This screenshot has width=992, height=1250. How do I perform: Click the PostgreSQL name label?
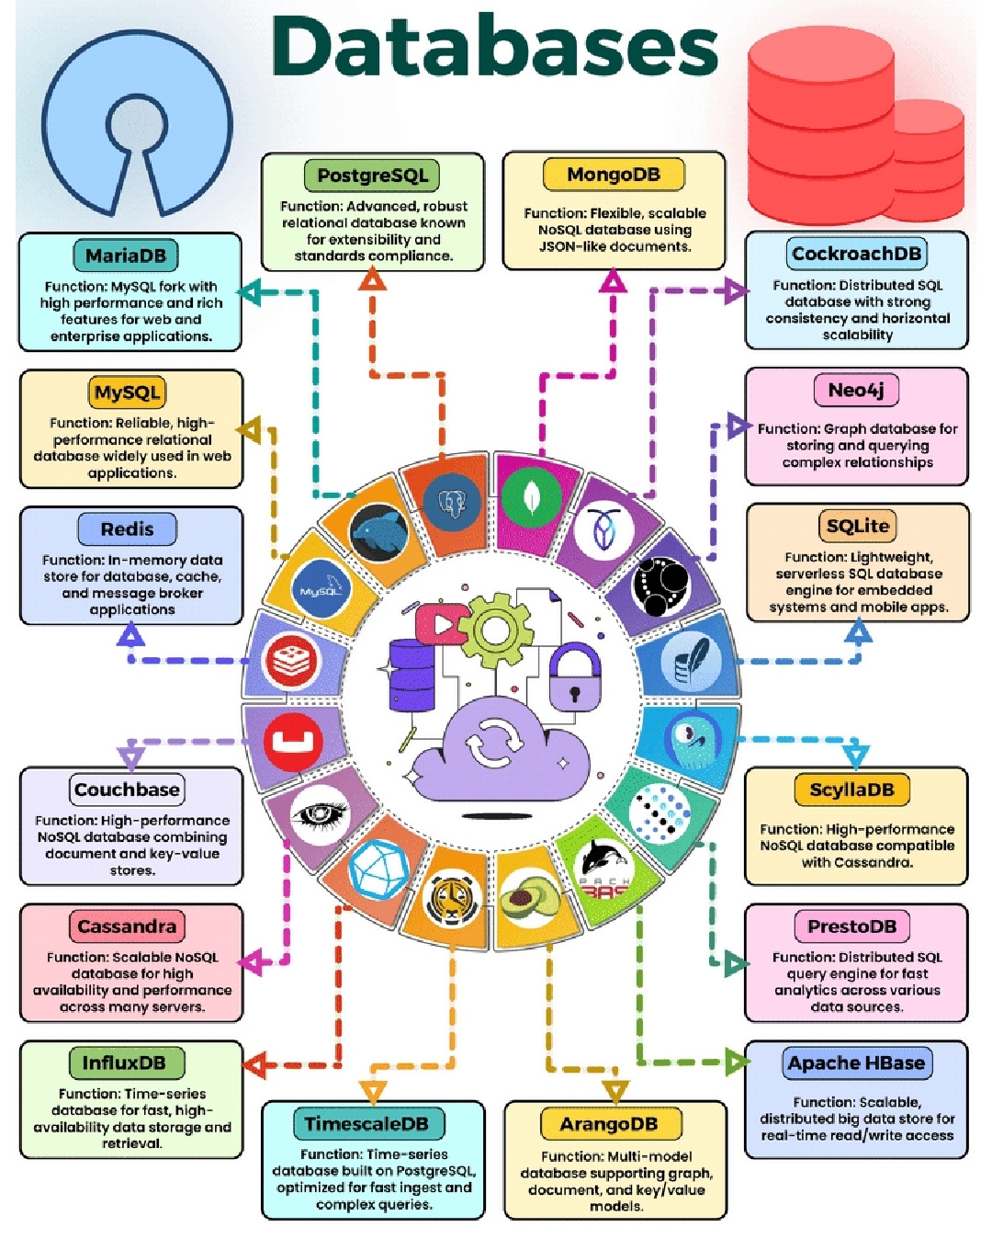point(372,175)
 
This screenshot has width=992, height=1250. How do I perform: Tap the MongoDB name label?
point(614,175)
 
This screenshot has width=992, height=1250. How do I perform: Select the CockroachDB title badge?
point(856,254)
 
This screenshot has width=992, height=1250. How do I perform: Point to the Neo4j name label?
point(856,390)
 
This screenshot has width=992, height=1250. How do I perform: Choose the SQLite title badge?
point(857,526)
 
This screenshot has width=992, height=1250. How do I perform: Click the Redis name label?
point(127,529)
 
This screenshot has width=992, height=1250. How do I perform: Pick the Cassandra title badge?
point(127,926)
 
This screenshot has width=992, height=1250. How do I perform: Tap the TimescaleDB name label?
point(366,1123)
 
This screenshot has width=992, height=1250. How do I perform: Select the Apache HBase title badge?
point(856,1063)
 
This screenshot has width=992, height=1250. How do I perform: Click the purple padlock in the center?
point(575,678)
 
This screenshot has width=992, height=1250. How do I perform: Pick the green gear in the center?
point(496,630)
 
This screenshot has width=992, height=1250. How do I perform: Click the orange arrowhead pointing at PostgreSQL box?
point(372,278)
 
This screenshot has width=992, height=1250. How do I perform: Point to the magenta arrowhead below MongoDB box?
point(613,280)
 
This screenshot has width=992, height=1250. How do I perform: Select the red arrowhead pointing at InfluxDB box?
point(255,1065)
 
